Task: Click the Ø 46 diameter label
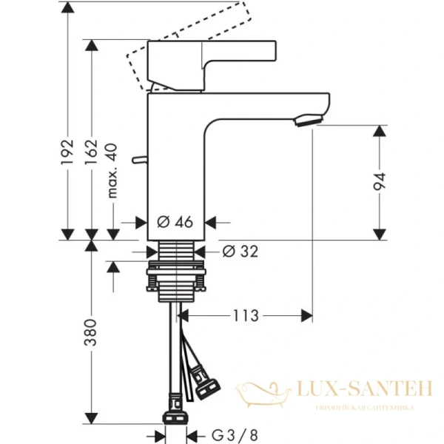click(175, 221)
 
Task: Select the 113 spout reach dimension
click(243, 316)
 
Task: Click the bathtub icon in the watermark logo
click(262, 392)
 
